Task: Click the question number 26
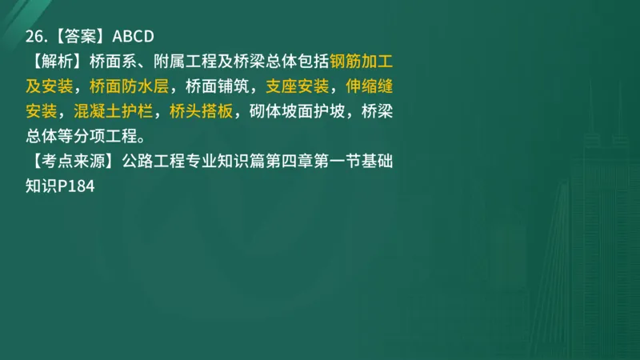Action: pyautogui.click(x=34, y=36)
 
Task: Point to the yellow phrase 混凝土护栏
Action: pyautogui.click(x=113, y=110)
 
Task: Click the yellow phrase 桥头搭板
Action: pyautogui.click(x=202, y=110)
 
